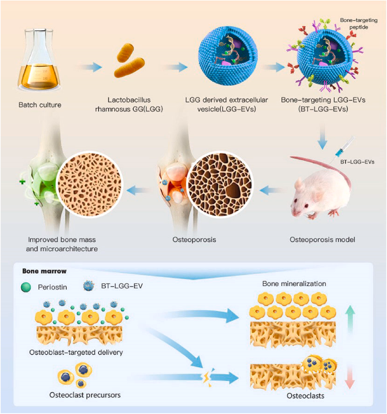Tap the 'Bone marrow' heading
(x=40, y=270)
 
